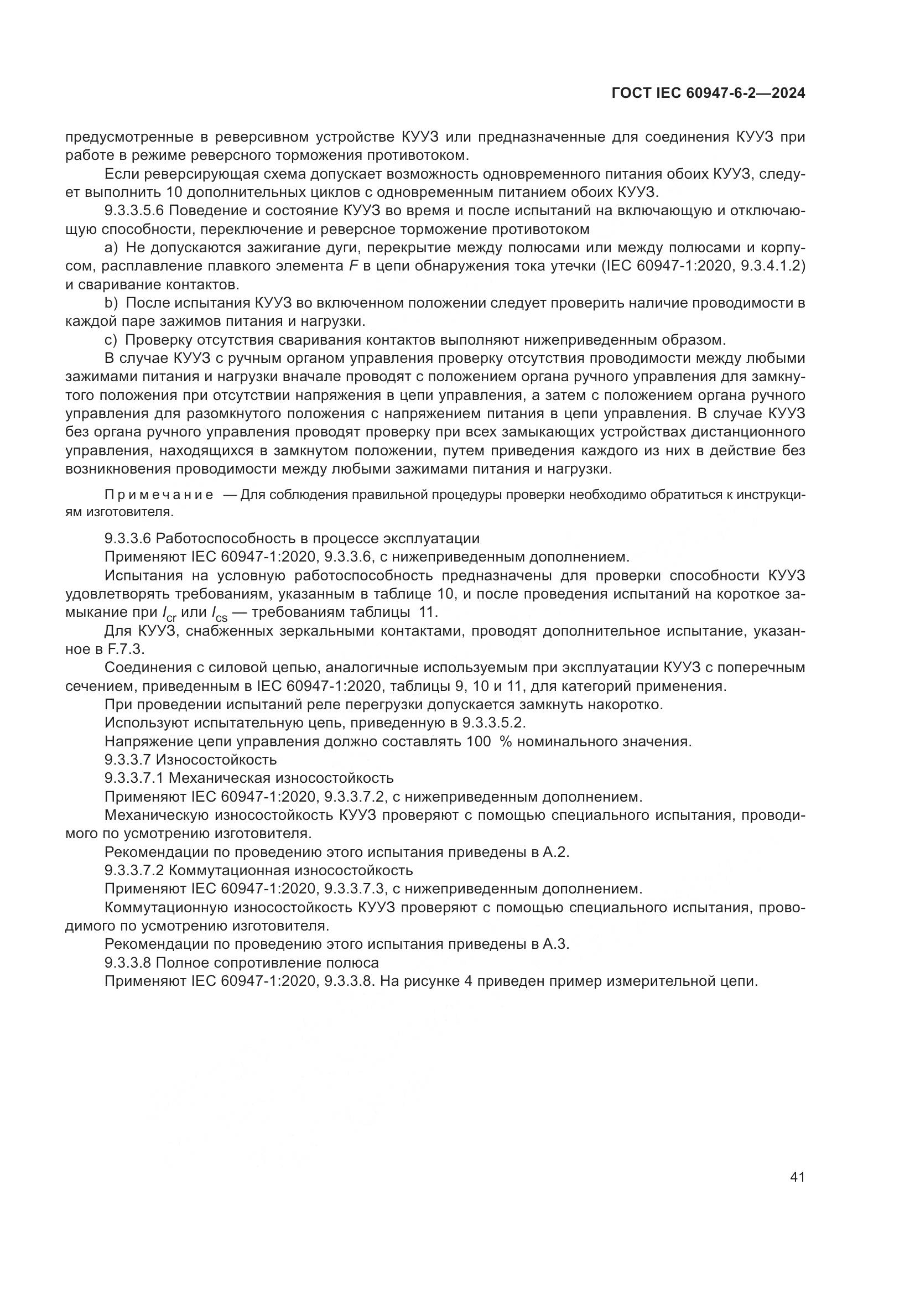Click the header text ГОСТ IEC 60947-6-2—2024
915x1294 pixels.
click(708, 93)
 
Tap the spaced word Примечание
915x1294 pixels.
click(159, 495)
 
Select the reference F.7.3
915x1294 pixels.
click(126, 649)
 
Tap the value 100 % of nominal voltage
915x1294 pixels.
click(488, 742)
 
